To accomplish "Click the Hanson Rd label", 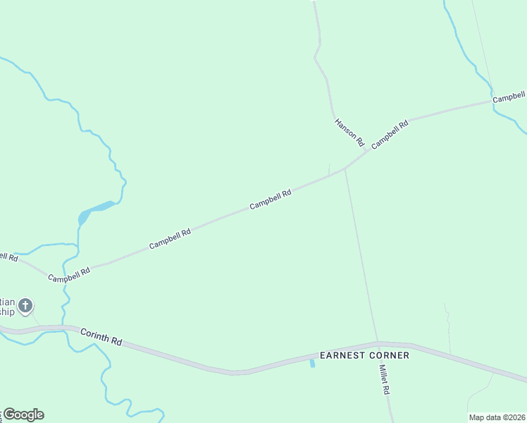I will point(349,128).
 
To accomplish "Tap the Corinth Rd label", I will point(101,336).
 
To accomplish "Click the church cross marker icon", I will point(25,306).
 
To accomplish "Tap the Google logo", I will point(23,415).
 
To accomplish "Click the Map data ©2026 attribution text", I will point(497,417).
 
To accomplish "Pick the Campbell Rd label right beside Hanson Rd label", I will point(390,135).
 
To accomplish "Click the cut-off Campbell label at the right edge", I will point(509,97).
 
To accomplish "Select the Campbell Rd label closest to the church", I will point(69,274).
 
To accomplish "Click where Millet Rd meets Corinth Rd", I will point(378,343).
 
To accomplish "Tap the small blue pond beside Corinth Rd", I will point(311,363).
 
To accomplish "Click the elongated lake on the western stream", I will point(95,210).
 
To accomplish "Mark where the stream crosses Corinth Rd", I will point(67,327).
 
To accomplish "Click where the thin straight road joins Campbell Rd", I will point(345,169).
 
